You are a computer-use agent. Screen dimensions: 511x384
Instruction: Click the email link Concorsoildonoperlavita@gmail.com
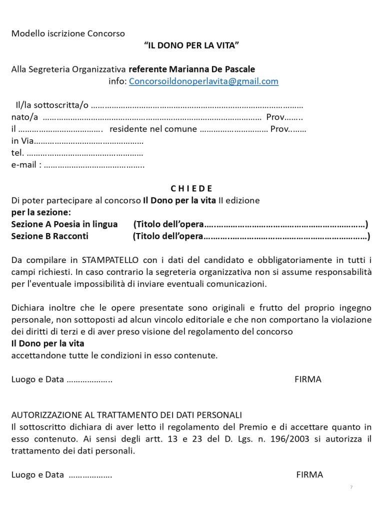coord(203,81)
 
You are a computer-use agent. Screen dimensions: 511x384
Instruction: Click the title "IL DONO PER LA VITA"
coord(191,46)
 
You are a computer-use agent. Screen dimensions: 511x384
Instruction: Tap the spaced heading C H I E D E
coord(191,189)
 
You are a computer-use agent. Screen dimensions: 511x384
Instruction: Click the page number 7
coord(351,487)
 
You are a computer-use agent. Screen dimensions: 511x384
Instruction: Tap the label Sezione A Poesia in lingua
coord(64,224)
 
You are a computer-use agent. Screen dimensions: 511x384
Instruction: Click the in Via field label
coord(22,141)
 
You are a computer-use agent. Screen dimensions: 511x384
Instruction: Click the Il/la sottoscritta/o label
coord(52,105)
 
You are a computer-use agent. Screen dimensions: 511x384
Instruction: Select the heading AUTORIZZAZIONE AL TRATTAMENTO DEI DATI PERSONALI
coord(126,415)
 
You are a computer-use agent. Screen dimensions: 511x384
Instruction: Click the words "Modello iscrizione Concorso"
coord(68,34)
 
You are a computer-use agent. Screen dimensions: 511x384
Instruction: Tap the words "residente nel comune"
coord(153,129)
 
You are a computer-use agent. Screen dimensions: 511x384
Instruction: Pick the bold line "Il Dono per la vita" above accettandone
coord(47,344)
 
